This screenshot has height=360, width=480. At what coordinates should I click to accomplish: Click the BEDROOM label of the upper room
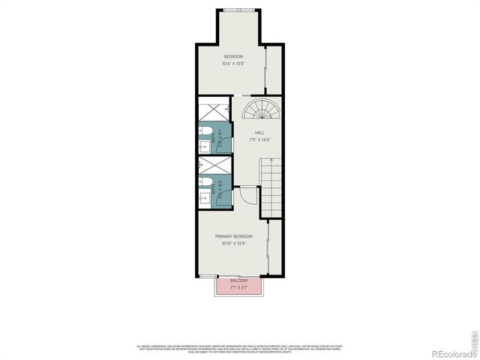(232, 57)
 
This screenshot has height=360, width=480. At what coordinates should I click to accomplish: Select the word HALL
(259, 133)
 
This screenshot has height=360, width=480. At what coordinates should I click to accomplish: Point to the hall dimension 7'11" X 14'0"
(259, 139)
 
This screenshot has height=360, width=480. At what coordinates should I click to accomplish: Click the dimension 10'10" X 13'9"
(234, 243)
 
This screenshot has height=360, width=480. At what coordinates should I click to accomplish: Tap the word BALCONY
(239, 280)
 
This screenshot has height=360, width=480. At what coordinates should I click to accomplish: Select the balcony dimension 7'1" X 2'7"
(239, 287)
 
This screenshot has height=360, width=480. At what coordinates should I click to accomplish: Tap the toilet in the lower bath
(204, 182)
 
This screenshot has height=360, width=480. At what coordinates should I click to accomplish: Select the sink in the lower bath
(203, 198)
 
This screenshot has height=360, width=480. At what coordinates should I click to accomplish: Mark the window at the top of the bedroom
(239, 10)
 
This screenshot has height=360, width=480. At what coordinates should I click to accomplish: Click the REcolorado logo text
(450, 347)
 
